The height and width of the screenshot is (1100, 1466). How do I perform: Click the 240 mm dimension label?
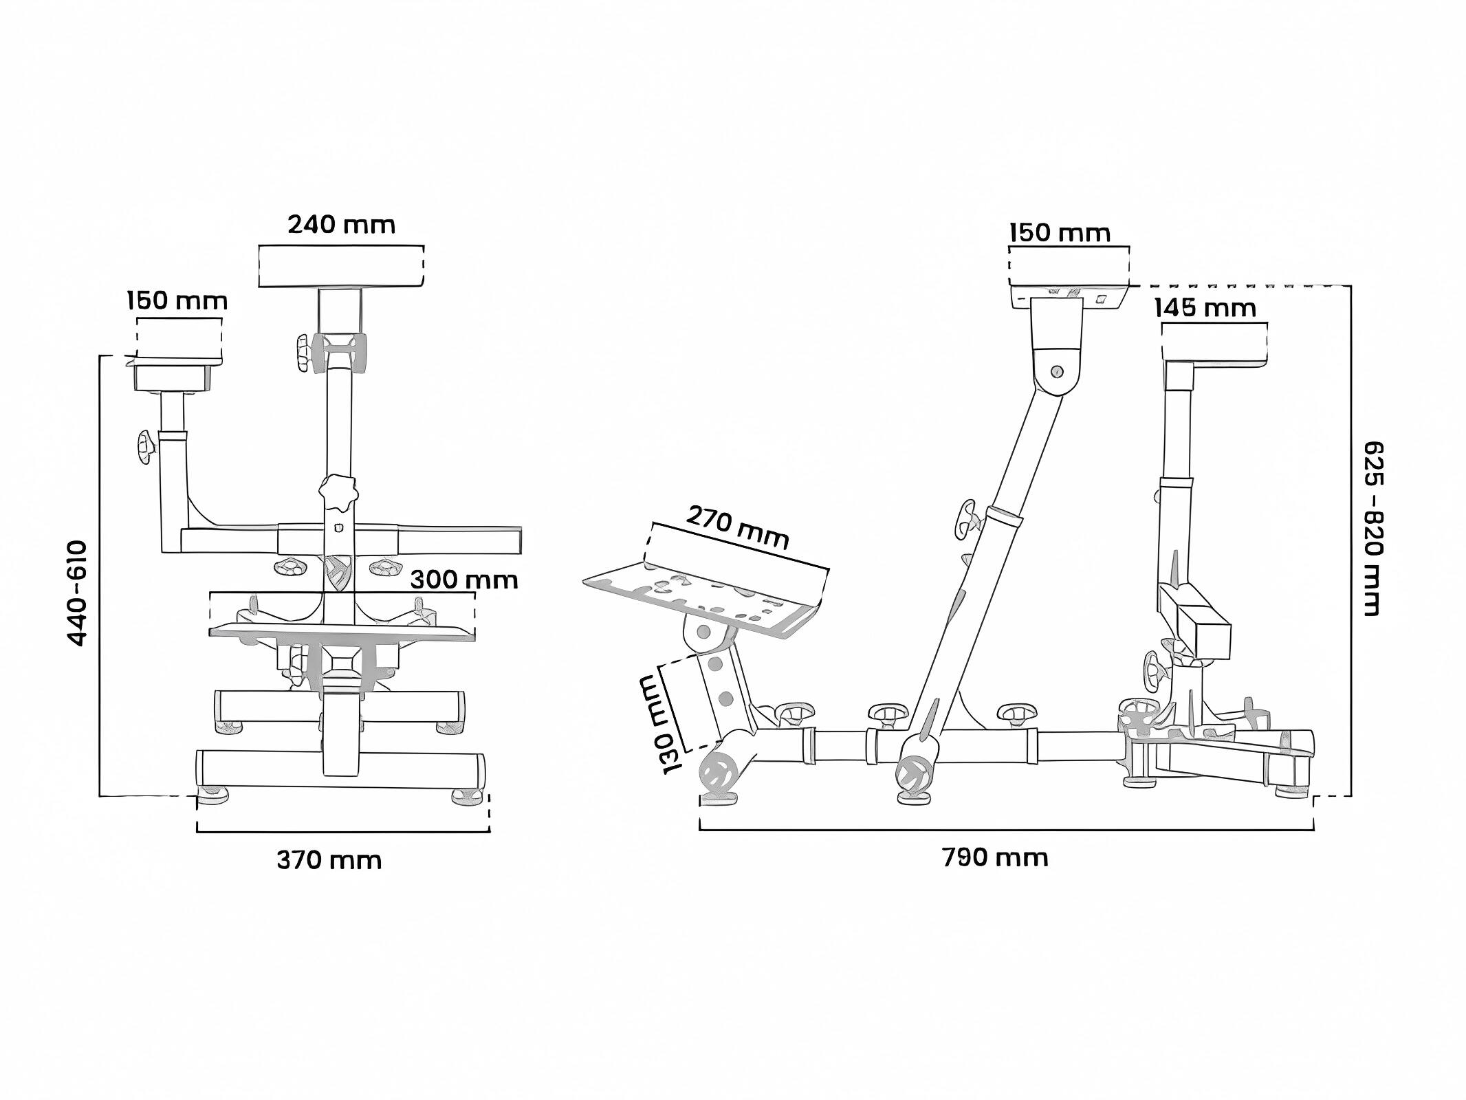coord(341,225)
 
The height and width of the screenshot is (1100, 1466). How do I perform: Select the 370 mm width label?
coord(329,860)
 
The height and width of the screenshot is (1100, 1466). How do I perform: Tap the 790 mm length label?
coord(994,858)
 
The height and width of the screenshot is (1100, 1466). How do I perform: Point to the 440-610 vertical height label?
coord(78,593)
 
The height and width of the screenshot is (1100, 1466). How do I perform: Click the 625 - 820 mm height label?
coord(1372,528)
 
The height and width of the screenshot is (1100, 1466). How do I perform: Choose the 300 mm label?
coord(463,580)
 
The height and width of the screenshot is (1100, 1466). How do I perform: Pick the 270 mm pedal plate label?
coord(737,527)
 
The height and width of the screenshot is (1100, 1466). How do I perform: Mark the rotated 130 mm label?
coord(663,725)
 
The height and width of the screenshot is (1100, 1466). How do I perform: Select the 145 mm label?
coord(1205,308)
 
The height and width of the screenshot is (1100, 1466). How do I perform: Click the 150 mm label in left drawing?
coord(177,301)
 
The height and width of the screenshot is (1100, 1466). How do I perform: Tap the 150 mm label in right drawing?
coord(1060,233)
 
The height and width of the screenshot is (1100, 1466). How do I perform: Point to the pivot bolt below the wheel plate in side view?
coord(1057,372)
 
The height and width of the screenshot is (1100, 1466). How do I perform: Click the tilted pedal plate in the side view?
coord(708,595)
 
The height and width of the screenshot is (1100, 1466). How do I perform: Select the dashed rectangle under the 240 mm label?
coord(341,267)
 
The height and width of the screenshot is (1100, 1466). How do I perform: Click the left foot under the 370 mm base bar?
coord(213,795)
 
